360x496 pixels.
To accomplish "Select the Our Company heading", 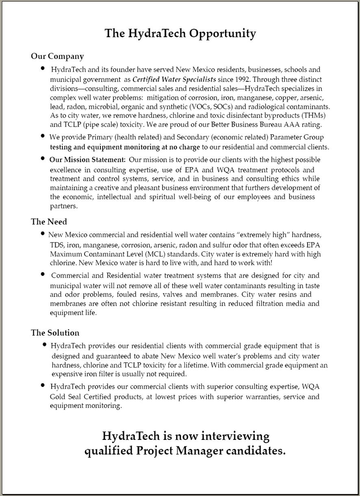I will click(x=57, y=56).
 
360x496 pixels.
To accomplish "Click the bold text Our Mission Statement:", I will click(x=87, y=160).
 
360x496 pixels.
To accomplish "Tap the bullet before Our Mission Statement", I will click(x=43, y=159).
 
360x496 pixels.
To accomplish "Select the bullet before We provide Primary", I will click(x=43, y=136).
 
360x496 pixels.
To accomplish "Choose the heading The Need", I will click(x=49, y=222).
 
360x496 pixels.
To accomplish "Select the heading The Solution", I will click(x=55, y=333).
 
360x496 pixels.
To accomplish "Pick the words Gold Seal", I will click(x=65, y=397).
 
